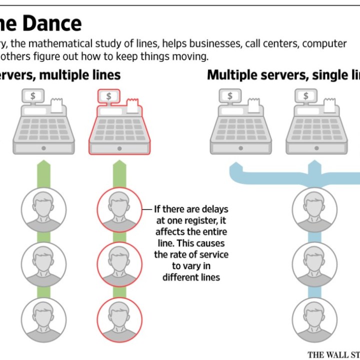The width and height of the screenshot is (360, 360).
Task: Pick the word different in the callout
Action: [180, 276]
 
